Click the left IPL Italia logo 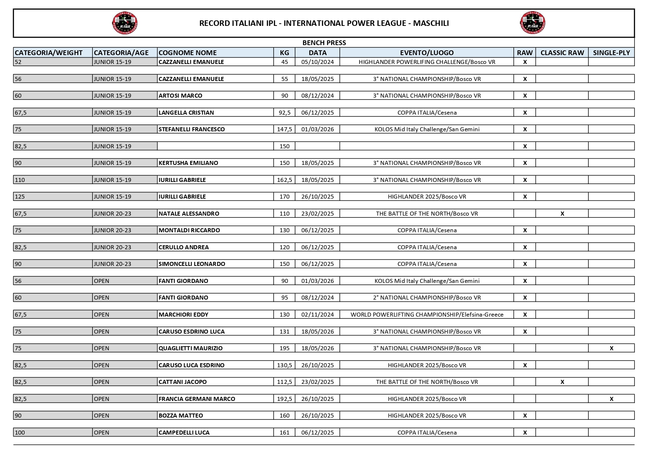point(125,23)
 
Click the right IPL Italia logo point(533,23)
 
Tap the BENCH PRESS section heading point(324,43)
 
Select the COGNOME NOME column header point(187,53)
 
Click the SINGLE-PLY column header point(611,53)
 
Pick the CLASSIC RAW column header point(562,53)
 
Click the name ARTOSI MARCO point(180,95)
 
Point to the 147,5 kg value point(284,129)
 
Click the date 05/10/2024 point(317,62)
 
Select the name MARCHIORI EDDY point(183,314)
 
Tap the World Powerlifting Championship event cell point(427,314)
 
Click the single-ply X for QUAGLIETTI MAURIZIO point(611,348)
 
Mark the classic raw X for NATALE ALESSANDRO point(562,213)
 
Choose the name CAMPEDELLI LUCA point(184,432)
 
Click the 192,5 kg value point(284,399)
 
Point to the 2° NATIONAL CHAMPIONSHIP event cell point(427,297)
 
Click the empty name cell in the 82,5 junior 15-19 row point(215,146)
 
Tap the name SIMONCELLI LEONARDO point(192,264)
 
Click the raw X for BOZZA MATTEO point(525,415)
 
